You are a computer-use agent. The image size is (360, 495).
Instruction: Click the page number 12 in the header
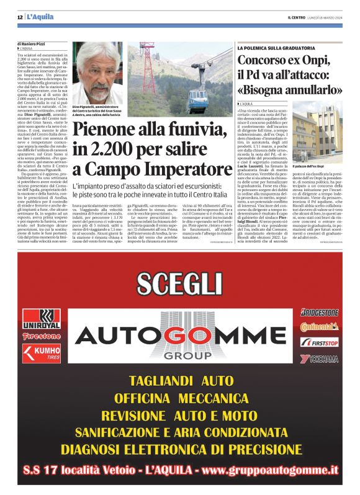click(19, 16)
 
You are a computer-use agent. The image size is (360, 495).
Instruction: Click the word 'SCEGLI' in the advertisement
click(179, 283)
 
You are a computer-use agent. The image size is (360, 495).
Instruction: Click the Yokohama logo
click(320, 359)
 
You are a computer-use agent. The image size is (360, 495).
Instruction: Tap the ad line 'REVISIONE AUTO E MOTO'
click(179, 414)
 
